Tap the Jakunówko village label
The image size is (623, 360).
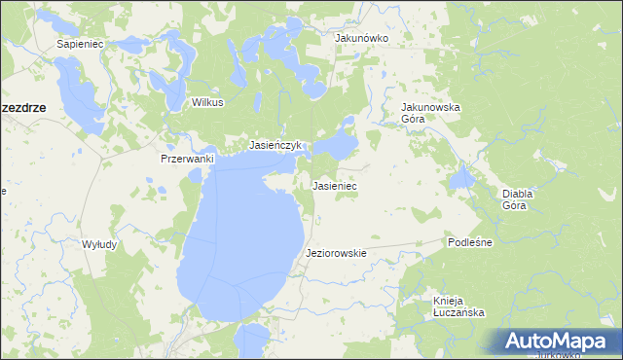361,38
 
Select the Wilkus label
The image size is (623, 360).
207,102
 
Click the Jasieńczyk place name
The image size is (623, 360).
277,145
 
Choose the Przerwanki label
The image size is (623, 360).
185,159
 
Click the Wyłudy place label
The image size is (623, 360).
99,244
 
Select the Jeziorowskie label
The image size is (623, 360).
336,253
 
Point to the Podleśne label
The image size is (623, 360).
470,241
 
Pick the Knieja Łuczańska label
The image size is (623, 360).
458,306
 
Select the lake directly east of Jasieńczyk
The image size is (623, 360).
340,147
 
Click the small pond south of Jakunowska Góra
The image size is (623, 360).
460,177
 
